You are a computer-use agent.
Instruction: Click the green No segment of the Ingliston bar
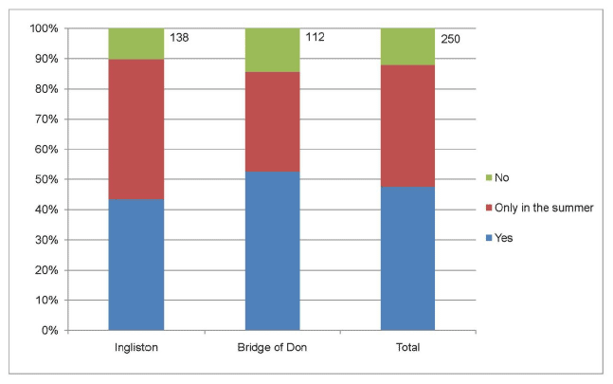click(135, 44)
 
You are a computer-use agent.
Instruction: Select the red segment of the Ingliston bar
click(135, 129)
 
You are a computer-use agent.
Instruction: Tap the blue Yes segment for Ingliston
click(135, 265)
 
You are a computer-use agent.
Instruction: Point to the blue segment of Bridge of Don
click(273, 251)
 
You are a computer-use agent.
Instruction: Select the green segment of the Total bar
click(407, 46)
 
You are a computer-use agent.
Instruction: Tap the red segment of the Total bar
click(407, 126)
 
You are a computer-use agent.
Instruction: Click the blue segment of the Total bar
click(407, 259)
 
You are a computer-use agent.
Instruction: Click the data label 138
click(179, 39)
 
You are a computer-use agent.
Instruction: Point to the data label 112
click(315, 39)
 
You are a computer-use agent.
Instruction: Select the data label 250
click(450, 39)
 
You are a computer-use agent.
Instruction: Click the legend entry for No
click(500, 177)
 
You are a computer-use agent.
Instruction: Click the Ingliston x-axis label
click(135, 348)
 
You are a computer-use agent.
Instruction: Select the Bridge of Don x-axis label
click(273, 348)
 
